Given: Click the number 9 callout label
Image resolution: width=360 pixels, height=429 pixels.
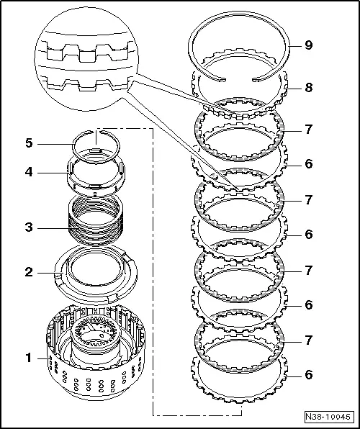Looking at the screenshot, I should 308,45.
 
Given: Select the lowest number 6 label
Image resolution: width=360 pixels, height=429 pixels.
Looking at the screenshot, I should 308,374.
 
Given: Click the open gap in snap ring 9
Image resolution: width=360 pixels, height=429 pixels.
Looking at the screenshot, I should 239,76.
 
